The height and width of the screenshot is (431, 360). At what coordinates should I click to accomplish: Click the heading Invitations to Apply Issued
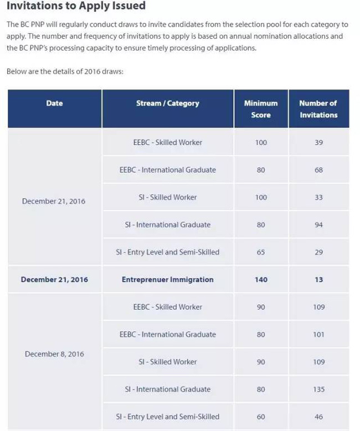(76, 7)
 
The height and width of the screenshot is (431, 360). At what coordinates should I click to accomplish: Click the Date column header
(54, 103)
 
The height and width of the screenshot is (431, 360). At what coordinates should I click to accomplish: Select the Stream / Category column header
(167, 103)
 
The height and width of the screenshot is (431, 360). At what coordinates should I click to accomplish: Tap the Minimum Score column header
(261, 109)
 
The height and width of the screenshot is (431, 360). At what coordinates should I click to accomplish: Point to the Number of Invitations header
(318, 109)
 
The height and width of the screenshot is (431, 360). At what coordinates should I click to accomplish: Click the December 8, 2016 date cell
(54, 354)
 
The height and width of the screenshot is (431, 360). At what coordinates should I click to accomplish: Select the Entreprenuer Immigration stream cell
(167, 280)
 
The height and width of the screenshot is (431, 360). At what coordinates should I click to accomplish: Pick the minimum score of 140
(261, 280)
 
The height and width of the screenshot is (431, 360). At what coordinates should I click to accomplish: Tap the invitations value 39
(318, 143)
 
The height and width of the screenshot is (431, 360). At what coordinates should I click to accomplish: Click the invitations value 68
(318, 170)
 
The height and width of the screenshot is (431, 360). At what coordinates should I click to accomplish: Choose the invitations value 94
(318, 225)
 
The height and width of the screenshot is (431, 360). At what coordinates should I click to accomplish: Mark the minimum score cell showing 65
(261, 252)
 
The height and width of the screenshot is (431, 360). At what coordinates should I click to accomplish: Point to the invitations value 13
(318, 280)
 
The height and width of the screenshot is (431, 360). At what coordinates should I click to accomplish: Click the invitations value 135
(318, 390)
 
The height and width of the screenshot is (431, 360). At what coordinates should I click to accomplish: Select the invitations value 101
(318, 335)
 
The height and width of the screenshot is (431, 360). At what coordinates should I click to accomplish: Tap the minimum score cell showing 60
(261, 417)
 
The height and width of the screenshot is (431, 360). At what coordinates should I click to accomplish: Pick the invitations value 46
(318, 417)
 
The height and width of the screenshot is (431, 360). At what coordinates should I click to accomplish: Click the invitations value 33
(318, 198)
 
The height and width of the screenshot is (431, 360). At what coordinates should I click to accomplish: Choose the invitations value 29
(318, 252)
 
